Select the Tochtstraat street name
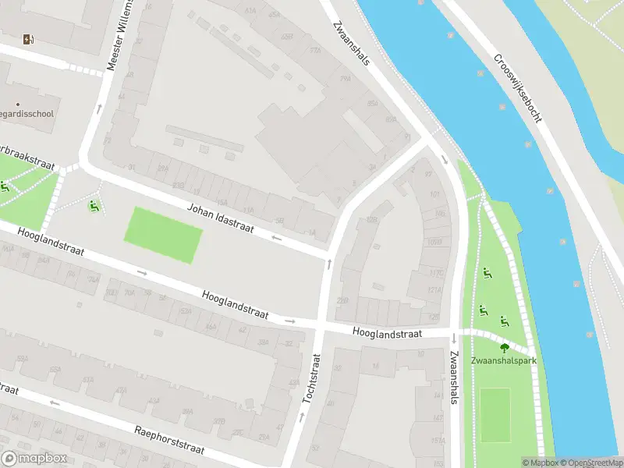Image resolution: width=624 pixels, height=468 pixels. (311, 378)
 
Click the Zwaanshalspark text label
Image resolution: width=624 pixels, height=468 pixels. (503, 360)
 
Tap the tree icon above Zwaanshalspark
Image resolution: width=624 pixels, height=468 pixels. (504, 348)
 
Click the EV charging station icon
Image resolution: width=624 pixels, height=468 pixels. (29, 40)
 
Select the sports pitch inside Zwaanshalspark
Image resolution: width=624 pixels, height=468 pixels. (495, 414)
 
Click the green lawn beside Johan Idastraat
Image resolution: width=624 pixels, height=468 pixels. (163, 234)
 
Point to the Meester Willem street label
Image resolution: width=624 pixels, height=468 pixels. (122, 35)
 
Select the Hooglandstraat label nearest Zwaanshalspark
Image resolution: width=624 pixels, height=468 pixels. (387, 333)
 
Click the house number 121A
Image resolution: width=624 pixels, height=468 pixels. (434, 290)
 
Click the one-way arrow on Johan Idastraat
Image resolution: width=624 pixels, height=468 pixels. (275, 236)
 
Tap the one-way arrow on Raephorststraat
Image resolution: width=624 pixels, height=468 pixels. (55, 403)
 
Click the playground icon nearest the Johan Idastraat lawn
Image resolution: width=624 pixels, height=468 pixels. (94, 207)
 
